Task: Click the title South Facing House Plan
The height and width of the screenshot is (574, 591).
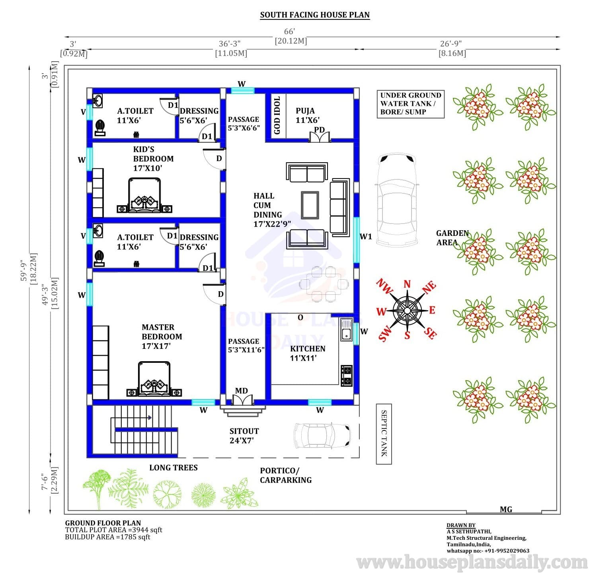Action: pyautogui.click(x=315, y=15)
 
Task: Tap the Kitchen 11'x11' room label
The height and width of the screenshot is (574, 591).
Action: pyautogui.click(x=307, y=353)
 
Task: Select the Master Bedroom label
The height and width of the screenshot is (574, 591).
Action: pyautogui.click(x=162, y=337)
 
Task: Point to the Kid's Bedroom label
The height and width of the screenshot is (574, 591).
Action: pyautogui.click(x=153, y=158)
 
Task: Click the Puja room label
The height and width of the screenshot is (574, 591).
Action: pyautogui.click(x=307, y=115)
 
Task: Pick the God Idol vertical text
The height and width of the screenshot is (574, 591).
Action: pyautogui.click(x=277, y=115)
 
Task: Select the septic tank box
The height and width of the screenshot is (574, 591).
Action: pyautogui.click(x=384, y=434)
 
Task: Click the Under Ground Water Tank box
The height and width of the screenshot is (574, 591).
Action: pyautogui.click(x=411, y=104)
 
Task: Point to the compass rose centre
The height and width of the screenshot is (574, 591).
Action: pyautogui.click(x=407, y=310)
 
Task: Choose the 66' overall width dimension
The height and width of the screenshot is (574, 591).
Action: pyautogui.click(x=290, y=31)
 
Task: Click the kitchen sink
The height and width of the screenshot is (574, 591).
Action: pyautogui.click(x=346, y=330)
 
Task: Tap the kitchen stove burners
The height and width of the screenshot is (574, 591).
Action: pyautogui.click(x=347, y=376)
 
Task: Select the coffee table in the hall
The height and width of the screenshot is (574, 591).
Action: pyautogui.click(x=310, y=205)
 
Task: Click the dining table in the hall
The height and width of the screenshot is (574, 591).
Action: pyautogui.click(x=324, y=284)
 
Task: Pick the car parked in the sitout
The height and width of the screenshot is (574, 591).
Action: pyautogui.click(x=322, y=436)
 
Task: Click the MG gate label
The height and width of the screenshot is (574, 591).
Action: pyautogui.click(x=506, y=509)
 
